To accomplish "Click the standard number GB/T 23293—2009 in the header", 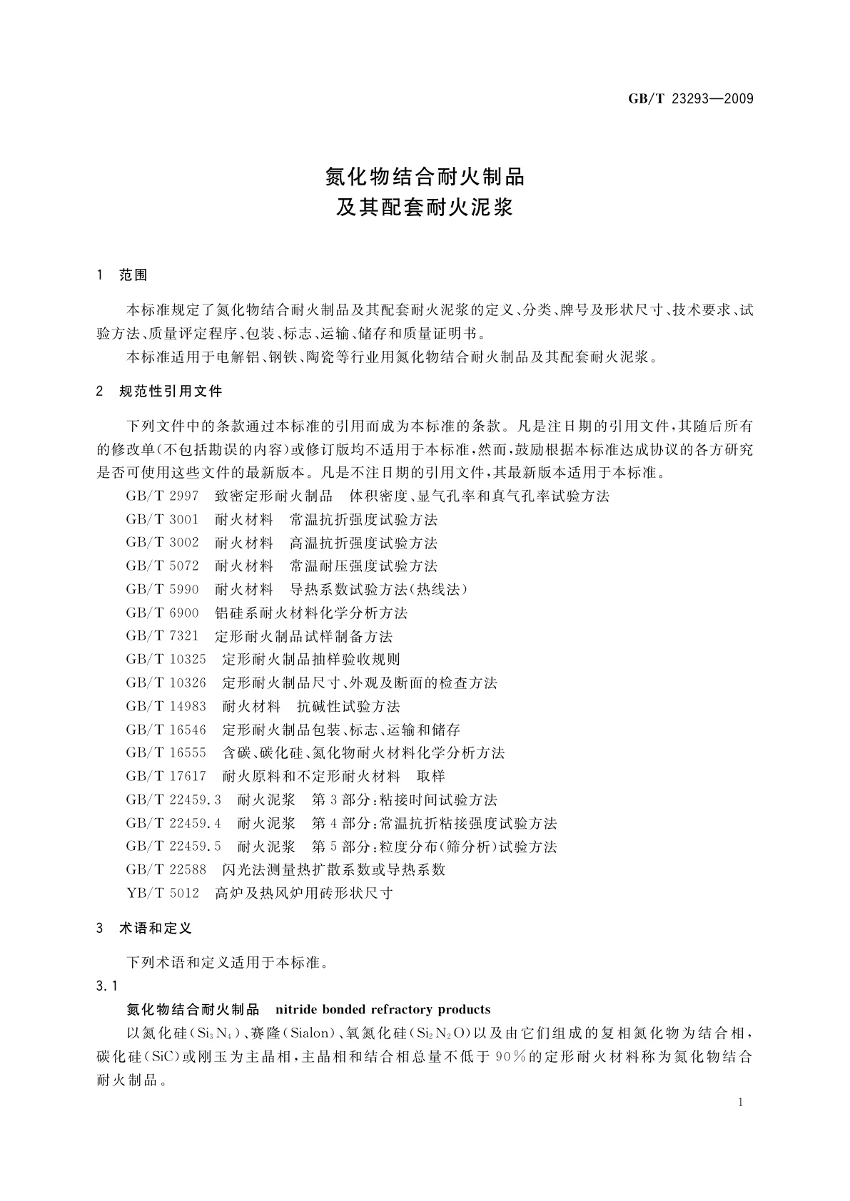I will tap(690, 99).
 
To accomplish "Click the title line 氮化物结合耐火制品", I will tap(425, 176).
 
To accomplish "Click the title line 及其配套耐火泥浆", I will tap(425, 208).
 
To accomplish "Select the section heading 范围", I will tap(133, 275).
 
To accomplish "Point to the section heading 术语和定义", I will tap(156, 929).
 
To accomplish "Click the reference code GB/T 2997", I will tap(162, 496).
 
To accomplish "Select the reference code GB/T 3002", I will tap(162, 543).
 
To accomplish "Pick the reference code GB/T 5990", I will tap(162, 590).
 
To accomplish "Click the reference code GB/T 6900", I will tap(162, 613).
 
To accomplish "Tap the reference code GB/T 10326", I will tap(166, 683).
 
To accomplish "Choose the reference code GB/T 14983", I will tap(166, 707).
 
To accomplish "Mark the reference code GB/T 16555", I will tap(166, 753).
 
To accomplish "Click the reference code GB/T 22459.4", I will tap(173, 824).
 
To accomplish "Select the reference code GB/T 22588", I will tap(166, 870).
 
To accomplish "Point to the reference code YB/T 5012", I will tap(162, 894).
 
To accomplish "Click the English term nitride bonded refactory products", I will tap(383, 1010).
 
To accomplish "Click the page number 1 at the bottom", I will tap(741, 1103).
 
